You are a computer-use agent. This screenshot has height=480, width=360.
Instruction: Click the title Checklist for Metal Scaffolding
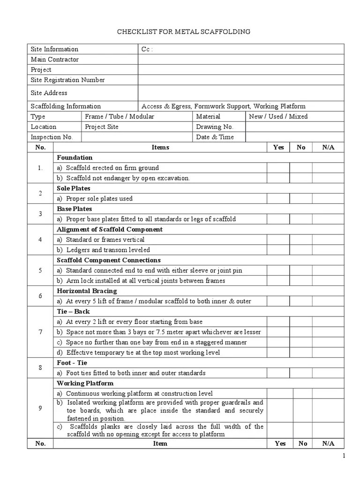(183, 31)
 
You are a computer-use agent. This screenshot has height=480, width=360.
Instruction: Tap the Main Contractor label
(55, 60)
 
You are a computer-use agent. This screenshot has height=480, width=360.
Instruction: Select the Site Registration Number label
(68, 80)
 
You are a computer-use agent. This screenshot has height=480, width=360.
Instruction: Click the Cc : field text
(147, 49)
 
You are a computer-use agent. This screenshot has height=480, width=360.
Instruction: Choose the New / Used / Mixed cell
(278, 117)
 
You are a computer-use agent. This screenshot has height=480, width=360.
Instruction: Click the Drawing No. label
(215, 127)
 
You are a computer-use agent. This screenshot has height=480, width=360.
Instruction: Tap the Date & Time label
(215, 137)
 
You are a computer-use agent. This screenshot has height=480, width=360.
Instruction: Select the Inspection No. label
(52, 137)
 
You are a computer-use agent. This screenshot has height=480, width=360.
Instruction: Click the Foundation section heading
(75, 158)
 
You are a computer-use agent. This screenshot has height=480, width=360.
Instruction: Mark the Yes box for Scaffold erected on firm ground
(278, 168)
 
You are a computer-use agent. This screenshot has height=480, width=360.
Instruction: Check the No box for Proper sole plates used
(301, 199)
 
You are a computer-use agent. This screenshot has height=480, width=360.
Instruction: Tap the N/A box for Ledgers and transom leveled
(328, 250)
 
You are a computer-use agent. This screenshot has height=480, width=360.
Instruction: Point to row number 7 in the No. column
(40, 332)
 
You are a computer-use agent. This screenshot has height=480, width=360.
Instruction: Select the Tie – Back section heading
(73, 312)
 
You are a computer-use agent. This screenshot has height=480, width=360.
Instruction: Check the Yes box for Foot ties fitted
(278, 373)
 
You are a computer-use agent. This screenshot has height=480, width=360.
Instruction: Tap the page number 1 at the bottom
(344, 456)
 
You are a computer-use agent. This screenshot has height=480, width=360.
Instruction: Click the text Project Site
(102, 127)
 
